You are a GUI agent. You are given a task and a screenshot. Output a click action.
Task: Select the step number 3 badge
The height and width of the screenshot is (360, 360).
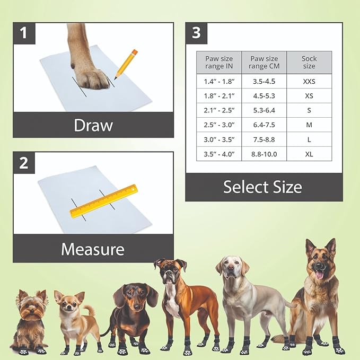196,33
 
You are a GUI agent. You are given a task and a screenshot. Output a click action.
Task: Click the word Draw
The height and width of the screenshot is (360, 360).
93,125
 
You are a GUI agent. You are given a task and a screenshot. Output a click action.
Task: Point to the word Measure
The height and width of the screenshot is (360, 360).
93,249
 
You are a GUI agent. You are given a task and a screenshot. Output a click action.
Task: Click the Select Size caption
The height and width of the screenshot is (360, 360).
262,187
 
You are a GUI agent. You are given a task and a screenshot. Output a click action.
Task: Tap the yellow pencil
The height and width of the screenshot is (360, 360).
126,64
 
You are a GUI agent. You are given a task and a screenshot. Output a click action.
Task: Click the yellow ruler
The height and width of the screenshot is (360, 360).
103,201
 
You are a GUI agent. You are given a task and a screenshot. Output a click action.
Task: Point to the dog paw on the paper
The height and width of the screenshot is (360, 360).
91,74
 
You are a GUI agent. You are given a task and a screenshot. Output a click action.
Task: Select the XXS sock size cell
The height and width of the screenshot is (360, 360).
309,81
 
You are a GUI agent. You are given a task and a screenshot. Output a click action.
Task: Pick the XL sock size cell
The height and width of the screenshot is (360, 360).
309,154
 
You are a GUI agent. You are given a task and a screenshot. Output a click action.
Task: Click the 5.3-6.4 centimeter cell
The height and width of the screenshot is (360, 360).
264,110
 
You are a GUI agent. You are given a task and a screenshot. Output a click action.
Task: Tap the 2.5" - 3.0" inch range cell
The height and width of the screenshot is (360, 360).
219,125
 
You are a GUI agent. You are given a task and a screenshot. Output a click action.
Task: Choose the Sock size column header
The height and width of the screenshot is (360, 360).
309,63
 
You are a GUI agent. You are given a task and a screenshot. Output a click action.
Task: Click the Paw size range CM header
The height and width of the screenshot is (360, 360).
264,63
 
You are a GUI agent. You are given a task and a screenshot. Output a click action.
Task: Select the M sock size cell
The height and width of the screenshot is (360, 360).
309,125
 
